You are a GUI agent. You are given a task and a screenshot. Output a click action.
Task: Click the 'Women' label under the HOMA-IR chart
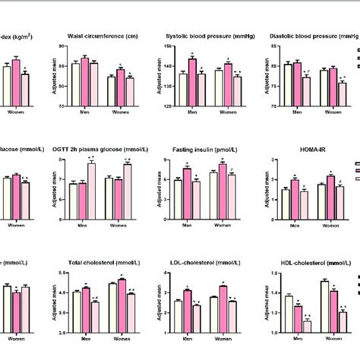[331, 226]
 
